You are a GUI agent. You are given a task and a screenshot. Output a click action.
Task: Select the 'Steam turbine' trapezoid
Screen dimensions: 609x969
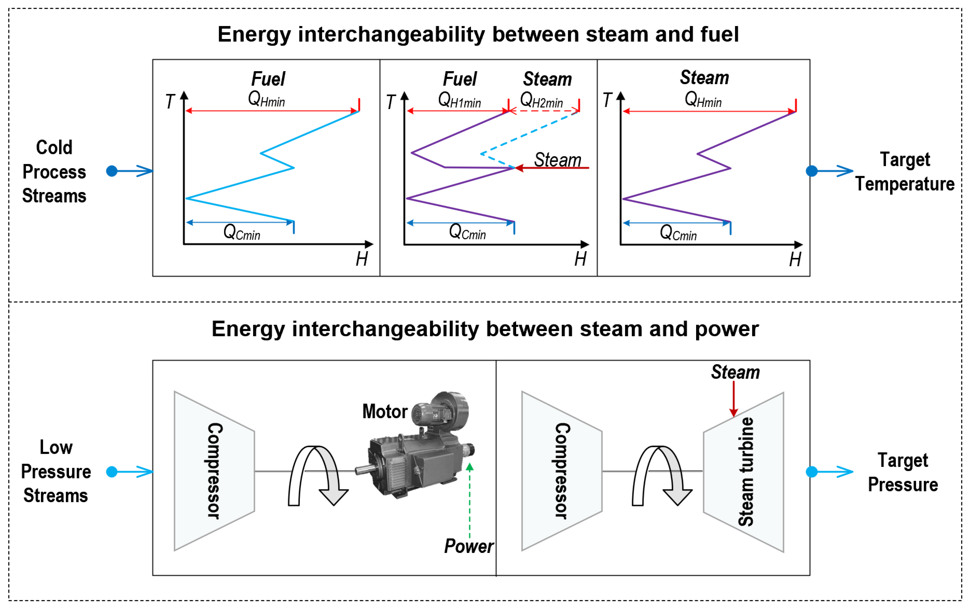[744, 471]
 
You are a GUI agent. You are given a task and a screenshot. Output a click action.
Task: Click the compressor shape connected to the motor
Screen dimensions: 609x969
[214, 471]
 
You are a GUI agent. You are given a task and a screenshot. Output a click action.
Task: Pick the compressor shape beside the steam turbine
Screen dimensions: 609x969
[562, 471]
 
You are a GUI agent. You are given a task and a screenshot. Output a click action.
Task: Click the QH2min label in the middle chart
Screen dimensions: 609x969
[542, 100]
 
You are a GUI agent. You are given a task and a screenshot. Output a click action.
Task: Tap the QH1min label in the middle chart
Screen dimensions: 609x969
[459, 100]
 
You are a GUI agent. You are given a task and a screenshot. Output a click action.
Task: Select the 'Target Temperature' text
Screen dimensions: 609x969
[905, 172]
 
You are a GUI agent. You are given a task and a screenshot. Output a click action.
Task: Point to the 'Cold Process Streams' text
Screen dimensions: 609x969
[54, 172]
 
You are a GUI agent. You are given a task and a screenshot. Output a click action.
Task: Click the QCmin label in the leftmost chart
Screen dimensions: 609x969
[242, 232]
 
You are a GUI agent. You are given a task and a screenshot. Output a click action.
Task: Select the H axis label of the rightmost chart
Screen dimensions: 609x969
[795, 259]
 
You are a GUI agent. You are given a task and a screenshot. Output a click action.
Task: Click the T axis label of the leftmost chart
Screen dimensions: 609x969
[170, 101]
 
